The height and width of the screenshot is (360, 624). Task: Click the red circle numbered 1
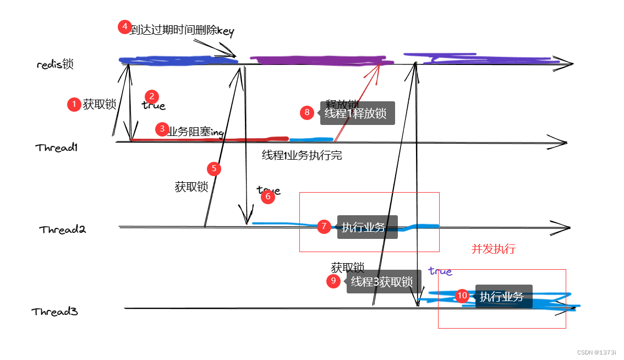74,105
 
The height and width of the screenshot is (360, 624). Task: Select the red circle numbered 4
125,27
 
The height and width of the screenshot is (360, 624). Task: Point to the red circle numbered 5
214,168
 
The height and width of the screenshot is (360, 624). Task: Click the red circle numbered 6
268,197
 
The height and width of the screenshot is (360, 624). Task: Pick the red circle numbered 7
324,226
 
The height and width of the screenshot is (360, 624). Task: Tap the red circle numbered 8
307,113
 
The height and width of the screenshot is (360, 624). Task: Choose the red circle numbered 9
333,281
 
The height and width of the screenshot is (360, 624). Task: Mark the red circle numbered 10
462,296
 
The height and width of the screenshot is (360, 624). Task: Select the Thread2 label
62,230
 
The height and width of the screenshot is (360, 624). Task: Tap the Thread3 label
54,312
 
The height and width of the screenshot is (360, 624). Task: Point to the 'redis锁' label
55,64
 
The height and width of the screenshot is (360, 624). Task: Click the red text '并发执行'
494,249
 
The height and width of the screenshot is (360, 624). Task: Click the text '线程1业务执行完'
302,156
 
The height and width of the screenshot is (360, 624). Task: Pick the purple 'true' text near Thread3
440,271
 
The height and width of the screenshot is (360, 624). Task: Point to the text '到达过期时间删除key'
182,31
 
